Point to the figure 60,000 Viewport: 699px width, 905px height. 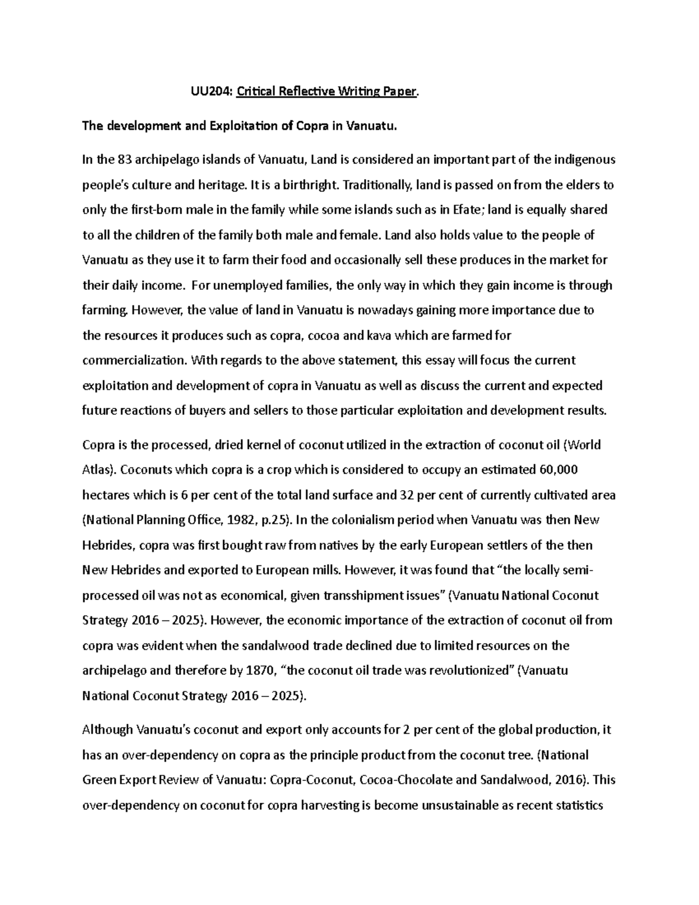(x=559, y=470)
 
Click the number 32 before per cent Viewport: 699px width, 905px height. (x=405, y=495)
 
